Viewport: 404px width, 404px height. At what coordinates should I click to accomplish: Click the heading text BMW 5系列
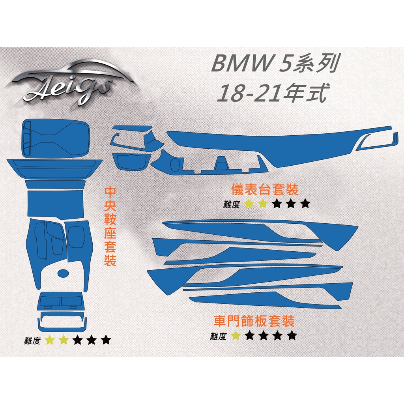click(275, 64)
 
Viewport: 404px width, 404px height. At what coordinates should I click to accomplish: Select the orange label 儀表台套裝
click(265, 189)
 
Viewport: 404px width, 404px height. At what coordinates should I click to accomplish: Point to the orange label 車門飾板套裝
click(254, 321)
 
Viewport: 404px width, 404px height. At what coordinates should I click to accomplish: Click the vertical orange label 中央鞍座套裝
click(110, 227)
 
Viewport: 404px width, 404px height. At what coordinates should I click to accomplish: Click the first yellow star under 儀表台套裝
click(249, 204)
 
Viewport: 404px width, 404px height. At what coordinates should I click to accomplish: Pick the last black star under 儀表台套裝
click(305, 204)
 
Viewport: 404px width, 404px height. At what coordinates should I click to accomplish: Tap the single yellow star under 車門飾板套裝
click(236, 335)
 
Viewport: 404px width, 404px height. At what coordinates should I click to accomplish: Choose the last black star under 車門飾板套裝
click(292, 335)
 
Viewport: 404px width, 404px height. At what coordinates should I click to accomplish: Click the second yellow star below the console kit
click(64, 340)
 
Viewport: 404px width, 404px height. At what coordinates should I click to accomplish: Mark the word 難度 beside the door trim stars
click(218, 336)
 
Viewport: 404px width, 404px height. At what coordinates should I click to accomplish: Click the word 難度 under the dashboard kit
click(231, 204)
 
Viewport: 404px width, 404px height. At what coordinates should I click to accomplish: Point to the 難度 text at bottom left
click(32, 340)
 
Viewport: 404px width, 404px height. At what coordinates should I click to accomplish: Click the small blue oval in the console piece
click(63, 273)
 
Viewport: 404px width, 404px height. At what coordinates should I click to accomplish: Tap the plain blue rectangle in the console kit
click(56, 204)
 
